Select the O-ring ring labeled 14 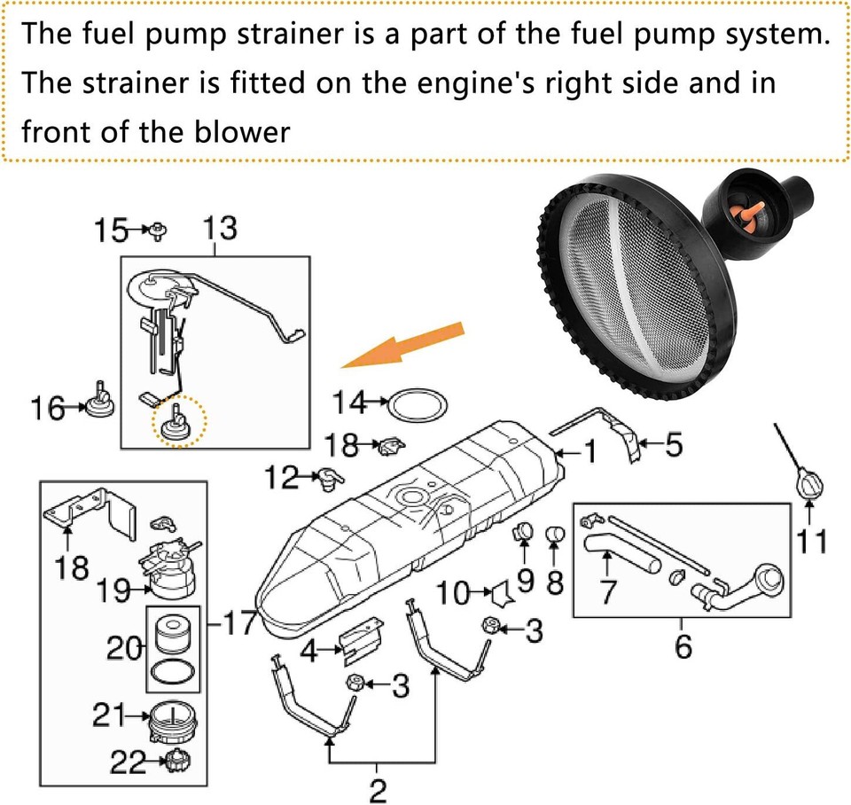[418, 406]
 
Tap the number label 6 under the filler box [683, 648]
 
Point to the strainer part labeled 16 [99, 403]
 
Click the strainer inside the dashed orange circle [177, 424]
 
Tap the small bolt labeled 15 [159, 233]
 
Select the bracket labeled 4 [363, 641]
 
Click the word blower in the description [240, 132]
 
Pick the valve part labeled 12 [332, 479]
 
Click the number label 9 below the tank [525, 581]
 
